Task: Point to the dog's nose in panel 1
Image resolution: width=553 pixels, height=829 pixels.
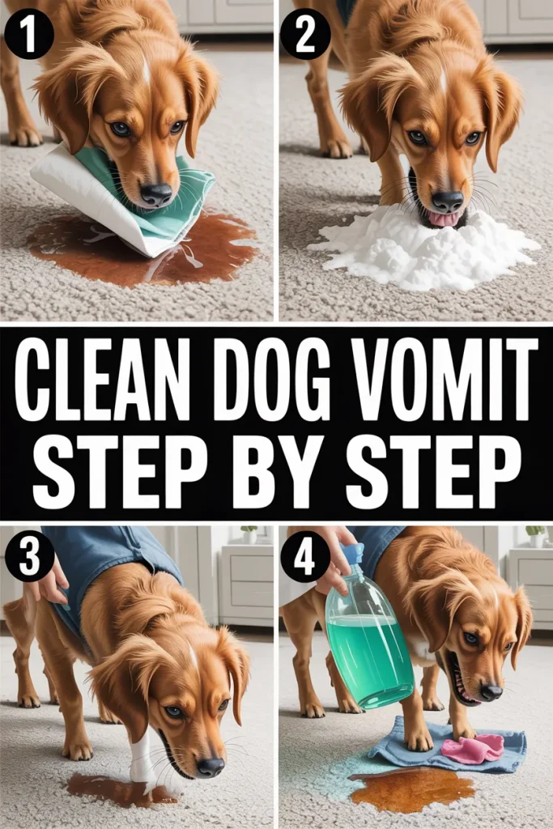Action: coord(156,194)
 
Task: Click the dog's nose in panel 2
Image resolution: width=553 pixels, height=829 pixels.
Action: coord(447,201)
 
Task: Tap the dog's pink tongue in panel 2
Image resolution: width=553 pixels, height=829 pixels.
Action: coord(442,219)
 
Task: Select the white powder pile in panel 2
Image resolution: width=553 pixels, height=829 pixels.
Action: coord(423,249)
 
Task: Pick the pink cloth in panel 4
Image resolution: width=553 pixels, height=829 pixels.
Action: coord(472,747)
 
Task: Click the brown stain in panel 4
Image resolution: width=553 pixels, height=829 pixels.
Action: coord(412,789)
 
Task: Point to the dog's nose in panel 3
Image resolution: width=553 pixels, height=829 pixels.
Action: coord(211,766)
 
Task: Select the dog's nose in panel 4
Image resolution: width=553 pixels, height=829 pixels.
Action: coord(491,691)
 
